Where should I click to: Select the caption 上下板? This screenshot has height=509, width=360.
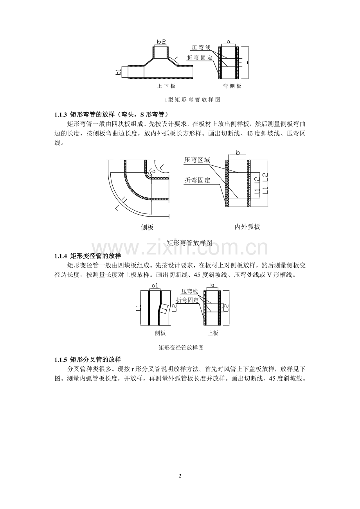pyautogui.click(x=166, y=86)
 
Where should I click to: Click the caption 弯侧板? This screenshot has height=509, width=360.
pyautogui.click(x=232, y=86)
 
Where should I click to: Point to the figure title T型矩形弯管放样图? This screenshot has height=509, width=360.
pyautogui.click(x=193, y=100)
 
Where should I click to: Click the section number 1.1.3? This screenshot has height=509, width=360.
pyautogui.click(x=61, y=115)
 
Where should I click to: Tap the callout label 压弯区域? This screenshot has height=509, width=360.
pyautogui.click(x=197, y=160)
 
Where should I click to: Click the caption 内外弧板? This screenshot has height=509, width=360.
pyautogui.click(x=247, y=227)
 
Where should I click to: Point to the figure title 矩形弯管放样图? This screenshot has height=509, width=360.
pyautogui.click(x=189, y=243)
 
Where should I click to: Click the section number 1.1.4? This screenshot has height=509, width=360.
pyautogui.click(x=61, y=256)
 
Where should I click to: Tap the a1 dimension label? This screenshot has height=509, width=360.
pyautogui.click(x=155, y=286)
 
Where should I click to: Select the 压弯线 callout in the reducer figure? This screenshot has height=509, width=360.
pyautogui.click(x=190, y=291)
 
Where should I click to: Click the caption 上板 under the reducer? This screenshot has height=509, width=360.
pyautogui.click(x=213, y=333)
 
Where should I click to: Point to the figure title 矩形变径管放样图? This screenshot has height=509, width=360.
pyautogui.click(x=181, y=348)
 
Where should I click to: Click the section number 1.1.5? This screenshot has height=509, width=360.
pyautogui.click(x=61, y=360)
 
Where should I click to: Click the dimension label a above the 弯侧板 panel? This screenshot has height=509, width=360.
pyautogui.click(x=229, y=41)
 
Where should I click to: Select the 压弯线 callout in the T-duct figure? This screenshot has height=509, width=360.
pyautogui.click(x=201, y=47)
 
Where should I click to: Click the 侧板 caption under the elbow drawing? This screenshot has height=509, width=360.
pyautogui.click(x=147, y=227)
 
